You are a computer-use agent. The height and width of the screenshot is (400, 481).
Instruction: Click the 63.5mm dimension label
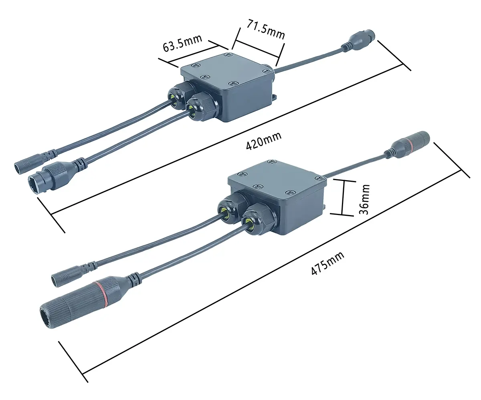point(182,44)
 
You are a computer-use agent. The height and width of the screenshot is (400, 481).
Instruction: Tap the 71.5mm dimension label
point(266,30)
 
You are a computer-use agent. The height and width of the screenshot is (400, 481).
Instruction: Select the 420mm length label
point(264,141)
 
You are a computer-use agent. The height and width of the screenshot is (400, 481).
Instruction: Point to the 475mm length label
point(327,263)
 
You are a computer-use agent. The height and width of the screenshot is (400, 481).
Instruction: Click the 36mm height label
point(364,199)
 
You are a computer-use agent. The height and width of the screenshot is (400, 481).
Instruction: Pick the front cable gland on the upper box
point(202,106)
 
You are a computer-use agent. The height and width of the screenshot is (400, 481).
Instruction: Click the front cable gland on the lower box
point(259,221)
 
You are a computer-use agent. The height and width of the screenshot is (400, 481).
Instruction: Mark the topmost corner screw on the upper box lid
point(228,55)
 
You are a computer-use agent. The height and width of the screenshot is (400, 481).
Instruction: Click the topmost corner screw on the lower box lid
point(272,162)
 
